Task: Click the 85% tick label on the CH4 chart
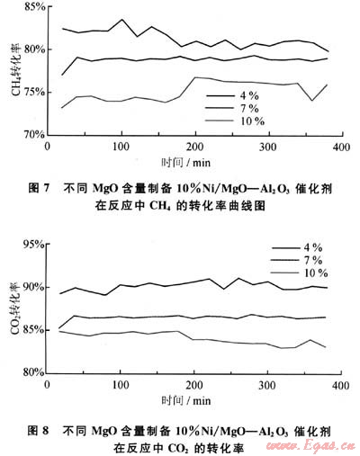pyautogui.click(x=35, y=6)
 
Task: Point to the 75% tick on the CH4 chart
pyautogui.click(x=34, y=92)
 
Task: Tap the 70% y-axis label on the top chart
pyautogui.click(x=34, y=135)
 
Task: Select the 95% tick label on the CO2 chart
pyautogui.click(x=34, y=245)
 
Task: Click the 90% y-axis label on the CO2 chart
pyautogui.click(x=34, y=287)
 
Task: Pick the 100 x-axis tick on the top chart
pyautogui.click(x=121, y=147)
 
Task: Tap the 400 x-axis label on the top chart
pyautogui.click(x=341, y=147)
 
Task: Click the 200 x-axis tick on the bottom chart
pyautogui.click(x=194, y=385)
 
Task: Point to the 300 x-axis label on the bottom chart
pyautogui.click(x=267, y=385)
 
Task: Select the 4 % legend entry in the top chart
pyautogui.click(x=232, y=95)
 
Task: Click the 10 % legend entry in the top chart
pyautogui.click(x=235, y=121)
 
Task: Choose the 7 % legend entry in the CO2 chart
pyautogui.click(x=296, y=260)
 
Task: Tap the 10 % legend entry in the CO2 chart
pyautogui.click(x=299, y=273)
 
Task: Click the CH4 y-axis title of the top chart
pyautogui.click(x=16, y=69)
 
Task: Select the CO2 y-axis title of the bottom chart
pyautogui.click(x=15, y=308)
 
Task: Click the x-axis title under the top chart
pyautogui.click(x=186, y=163)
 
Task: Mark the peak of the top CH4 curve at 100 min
pyautogui.click(x=122, y=20)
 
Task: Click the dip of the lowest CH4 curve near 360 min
pyautogui.click(x=312, y=101)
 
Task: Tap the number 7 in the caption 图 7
pyautogui.click(x=46, y=188)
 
